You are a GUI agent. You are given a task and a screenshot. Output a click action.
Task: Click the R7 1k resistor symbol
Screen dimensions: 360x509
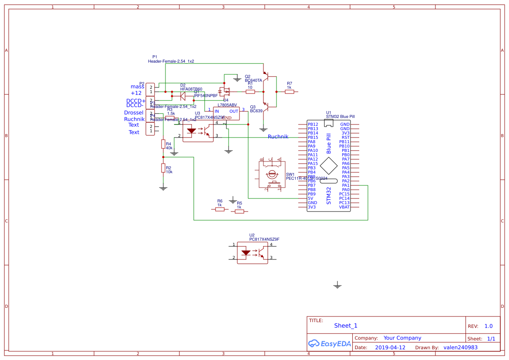tap(289, 92)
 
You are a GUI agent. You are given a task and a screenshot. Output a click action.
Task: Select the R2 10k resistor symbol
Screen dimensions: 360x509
tap(163, 168)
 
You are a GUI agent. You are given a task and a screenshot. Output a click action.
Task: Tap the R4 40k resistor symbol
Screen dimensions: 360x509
tap(163, 144)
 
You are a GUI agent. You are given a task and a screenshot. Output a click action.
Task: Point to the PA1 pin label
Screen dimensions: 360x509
tap(346, 185)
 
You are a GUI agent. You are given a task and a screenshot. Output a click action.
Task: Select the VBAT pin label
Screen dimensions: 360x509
tap(344, 207)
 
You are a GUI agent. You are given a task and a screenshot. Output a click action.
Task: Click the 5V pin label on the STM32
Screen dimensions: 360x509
tap(310, 199)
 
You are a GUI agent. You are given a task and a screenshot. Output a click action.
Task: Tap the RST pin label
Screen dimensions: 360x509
tap(346, 138)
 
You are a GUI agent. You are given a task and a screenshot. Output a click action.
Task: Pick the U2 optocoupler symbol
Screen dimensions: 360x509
tap(252, 252)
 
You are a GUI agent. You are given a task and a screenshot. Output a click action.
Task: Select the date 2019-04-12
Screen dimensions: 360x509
tap(390, 348)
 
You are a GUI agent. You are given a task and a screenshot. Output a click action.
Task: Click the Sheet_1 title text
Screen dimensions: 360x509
tap(346, 326)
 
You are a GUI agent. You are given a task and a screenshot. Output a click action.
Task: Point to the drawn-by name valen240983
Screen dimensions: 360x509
tap(460, 348)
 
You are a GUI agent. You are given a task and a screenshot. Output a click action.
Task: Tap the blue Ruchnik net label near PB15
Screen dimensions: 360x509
tap(278, 137)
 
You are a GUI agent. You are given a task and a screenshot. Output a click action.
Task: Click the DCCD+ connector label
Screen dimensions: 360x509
tap(136, 101)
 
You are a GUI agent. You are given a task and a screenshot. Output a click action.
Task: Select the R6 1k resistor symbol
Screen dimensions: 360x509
tap(220, 209)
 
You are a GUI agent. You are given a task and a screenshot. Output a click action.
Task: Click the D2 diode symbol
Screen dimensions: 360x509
tap(183, 94)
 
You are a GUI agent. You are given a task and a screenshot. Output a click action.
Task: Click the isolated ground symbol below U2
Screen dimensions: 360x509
tap(337, 285)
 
